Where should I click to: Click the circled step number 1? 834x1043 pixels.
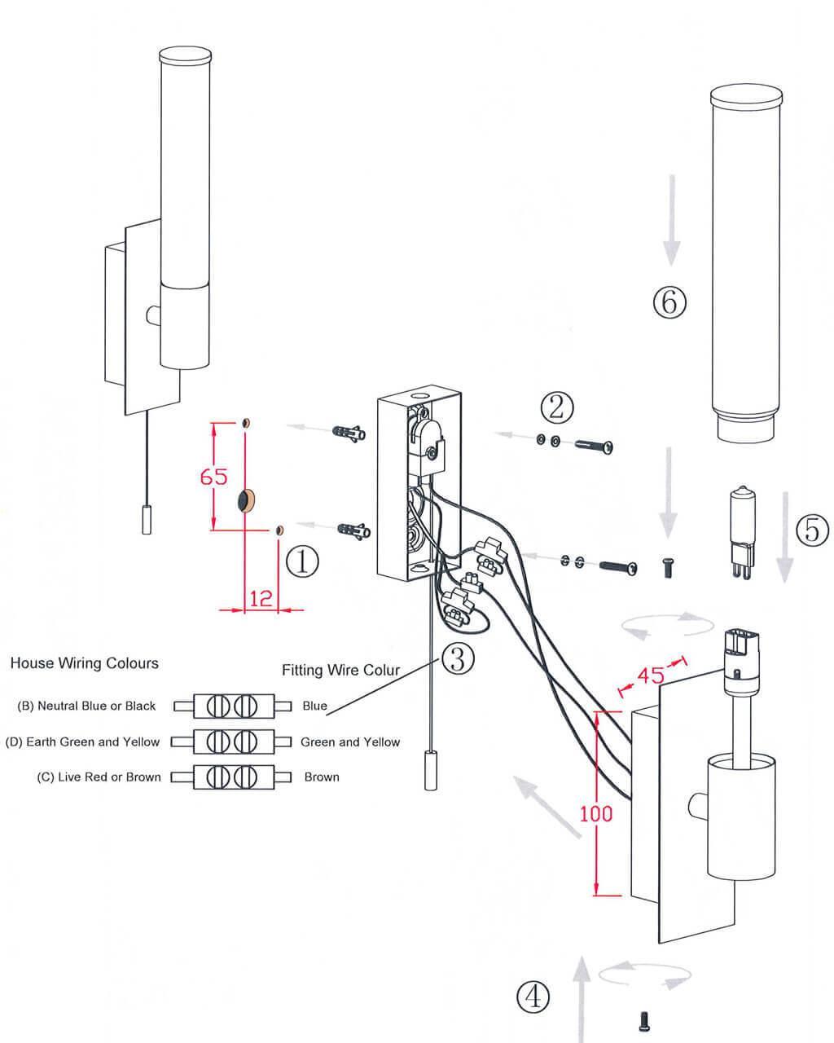pyautogui.click(x=301, y=561)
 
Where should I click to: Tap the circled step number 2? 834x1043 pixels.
pyautogui.click(x=556, y=407)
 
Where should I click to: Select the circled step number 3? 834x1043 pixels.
pyautogui.click(x=458, y=658)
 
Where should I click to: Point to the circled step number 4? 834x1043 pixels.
pyautogui.click(x=533, y=995)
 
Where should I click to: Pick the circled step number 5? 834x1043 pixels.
pyautogui.click(x=812, y=530)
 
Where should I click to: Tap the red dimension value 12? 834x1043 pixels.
pyautogui.click(x=261, y=599)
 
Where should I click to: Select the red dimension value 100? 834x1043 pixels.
pyautogui.click(x=596, y=813)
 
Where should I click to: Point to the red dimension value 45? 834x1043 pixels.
pyautogui.click(x=650, y=676)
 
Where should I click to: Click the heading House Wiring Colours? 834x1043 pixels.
pyautogui.click(x=84, y=663)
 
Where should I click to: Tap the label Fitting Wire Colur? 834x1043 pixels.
pyautogui.click(x=341, y=671)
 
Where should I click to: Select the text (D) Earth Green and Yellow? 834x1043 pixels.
pyautogui.click(x=82, y=742)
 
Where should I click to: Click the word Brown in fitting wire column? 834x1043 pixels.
pyautogui.click(x=322, y=777)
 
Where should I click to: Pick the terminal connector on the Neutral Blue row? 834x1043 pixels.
pyautogui.click(x=231, y=706)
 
